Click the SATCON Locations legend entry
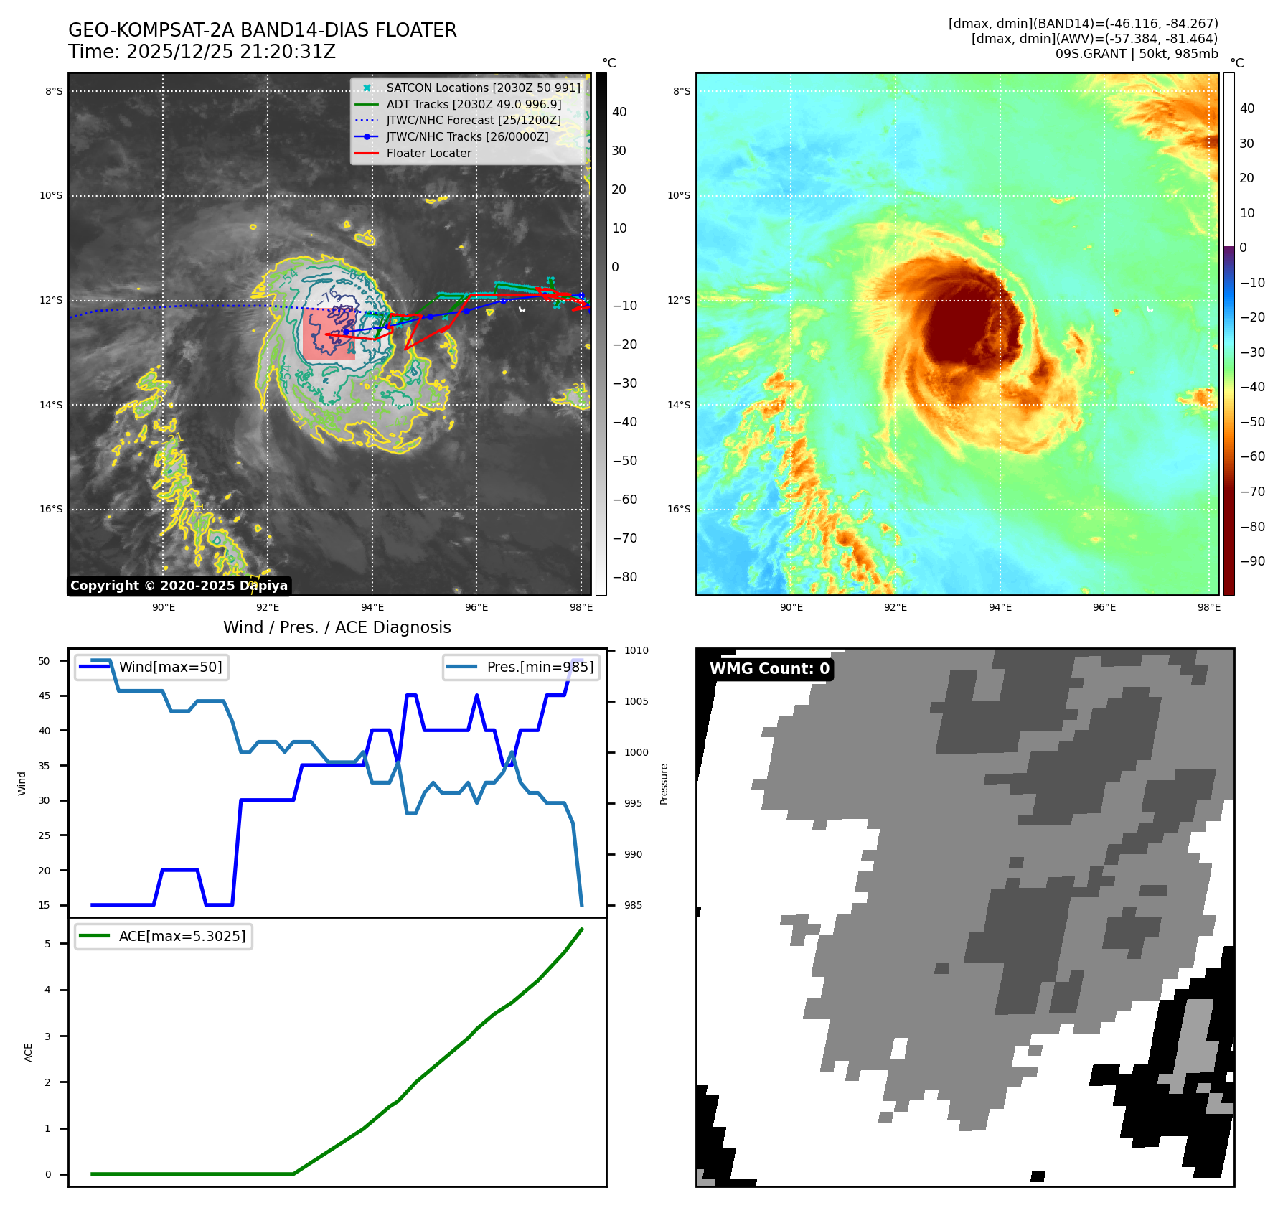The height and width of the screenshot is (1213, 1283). pos(483,88)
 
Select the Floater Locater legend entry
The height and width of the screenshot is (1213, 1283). pos(428,154)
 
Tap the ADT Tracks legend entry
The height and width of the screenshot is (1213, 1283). pos(474,105)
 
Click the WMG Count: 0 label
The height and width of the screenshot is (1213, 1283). pos(769,669)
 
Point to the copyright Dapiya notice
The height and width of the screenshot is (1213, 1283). pos(179,586)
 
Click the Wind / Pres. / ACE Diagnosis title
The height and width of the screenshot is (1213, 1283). pos(337,628)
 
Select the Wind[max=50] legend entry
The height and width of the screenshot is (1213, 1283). pos(170,667)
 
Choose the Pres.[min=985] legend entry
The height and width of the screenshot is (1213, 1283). pos(540,667)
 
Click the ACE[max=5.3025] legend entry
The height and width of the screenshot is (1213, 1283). pos(182,936)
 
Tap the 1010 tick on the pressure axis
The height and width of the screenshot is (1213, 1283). pos(636,651)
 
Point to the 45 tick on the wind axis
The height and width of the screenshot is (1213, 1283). pos(44,696)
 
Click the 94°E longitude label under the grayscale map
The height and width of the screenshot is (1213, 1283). pos(372,608)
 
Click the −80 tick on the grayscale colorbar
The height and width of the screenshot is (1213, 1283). pos(624,577)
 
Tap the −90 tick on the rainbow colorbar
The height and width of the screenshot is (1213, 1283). pos(1252,561)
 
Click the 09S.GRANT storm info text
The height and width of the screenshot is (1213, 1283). pos(1137,54)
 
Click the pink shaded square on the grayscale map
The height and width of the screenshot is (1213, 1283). pos(328,334)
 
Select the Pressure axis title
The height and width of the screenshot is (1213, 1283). pos(664,784)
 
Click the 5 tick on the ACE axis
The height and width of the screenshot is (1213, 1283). pos(48,944)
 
